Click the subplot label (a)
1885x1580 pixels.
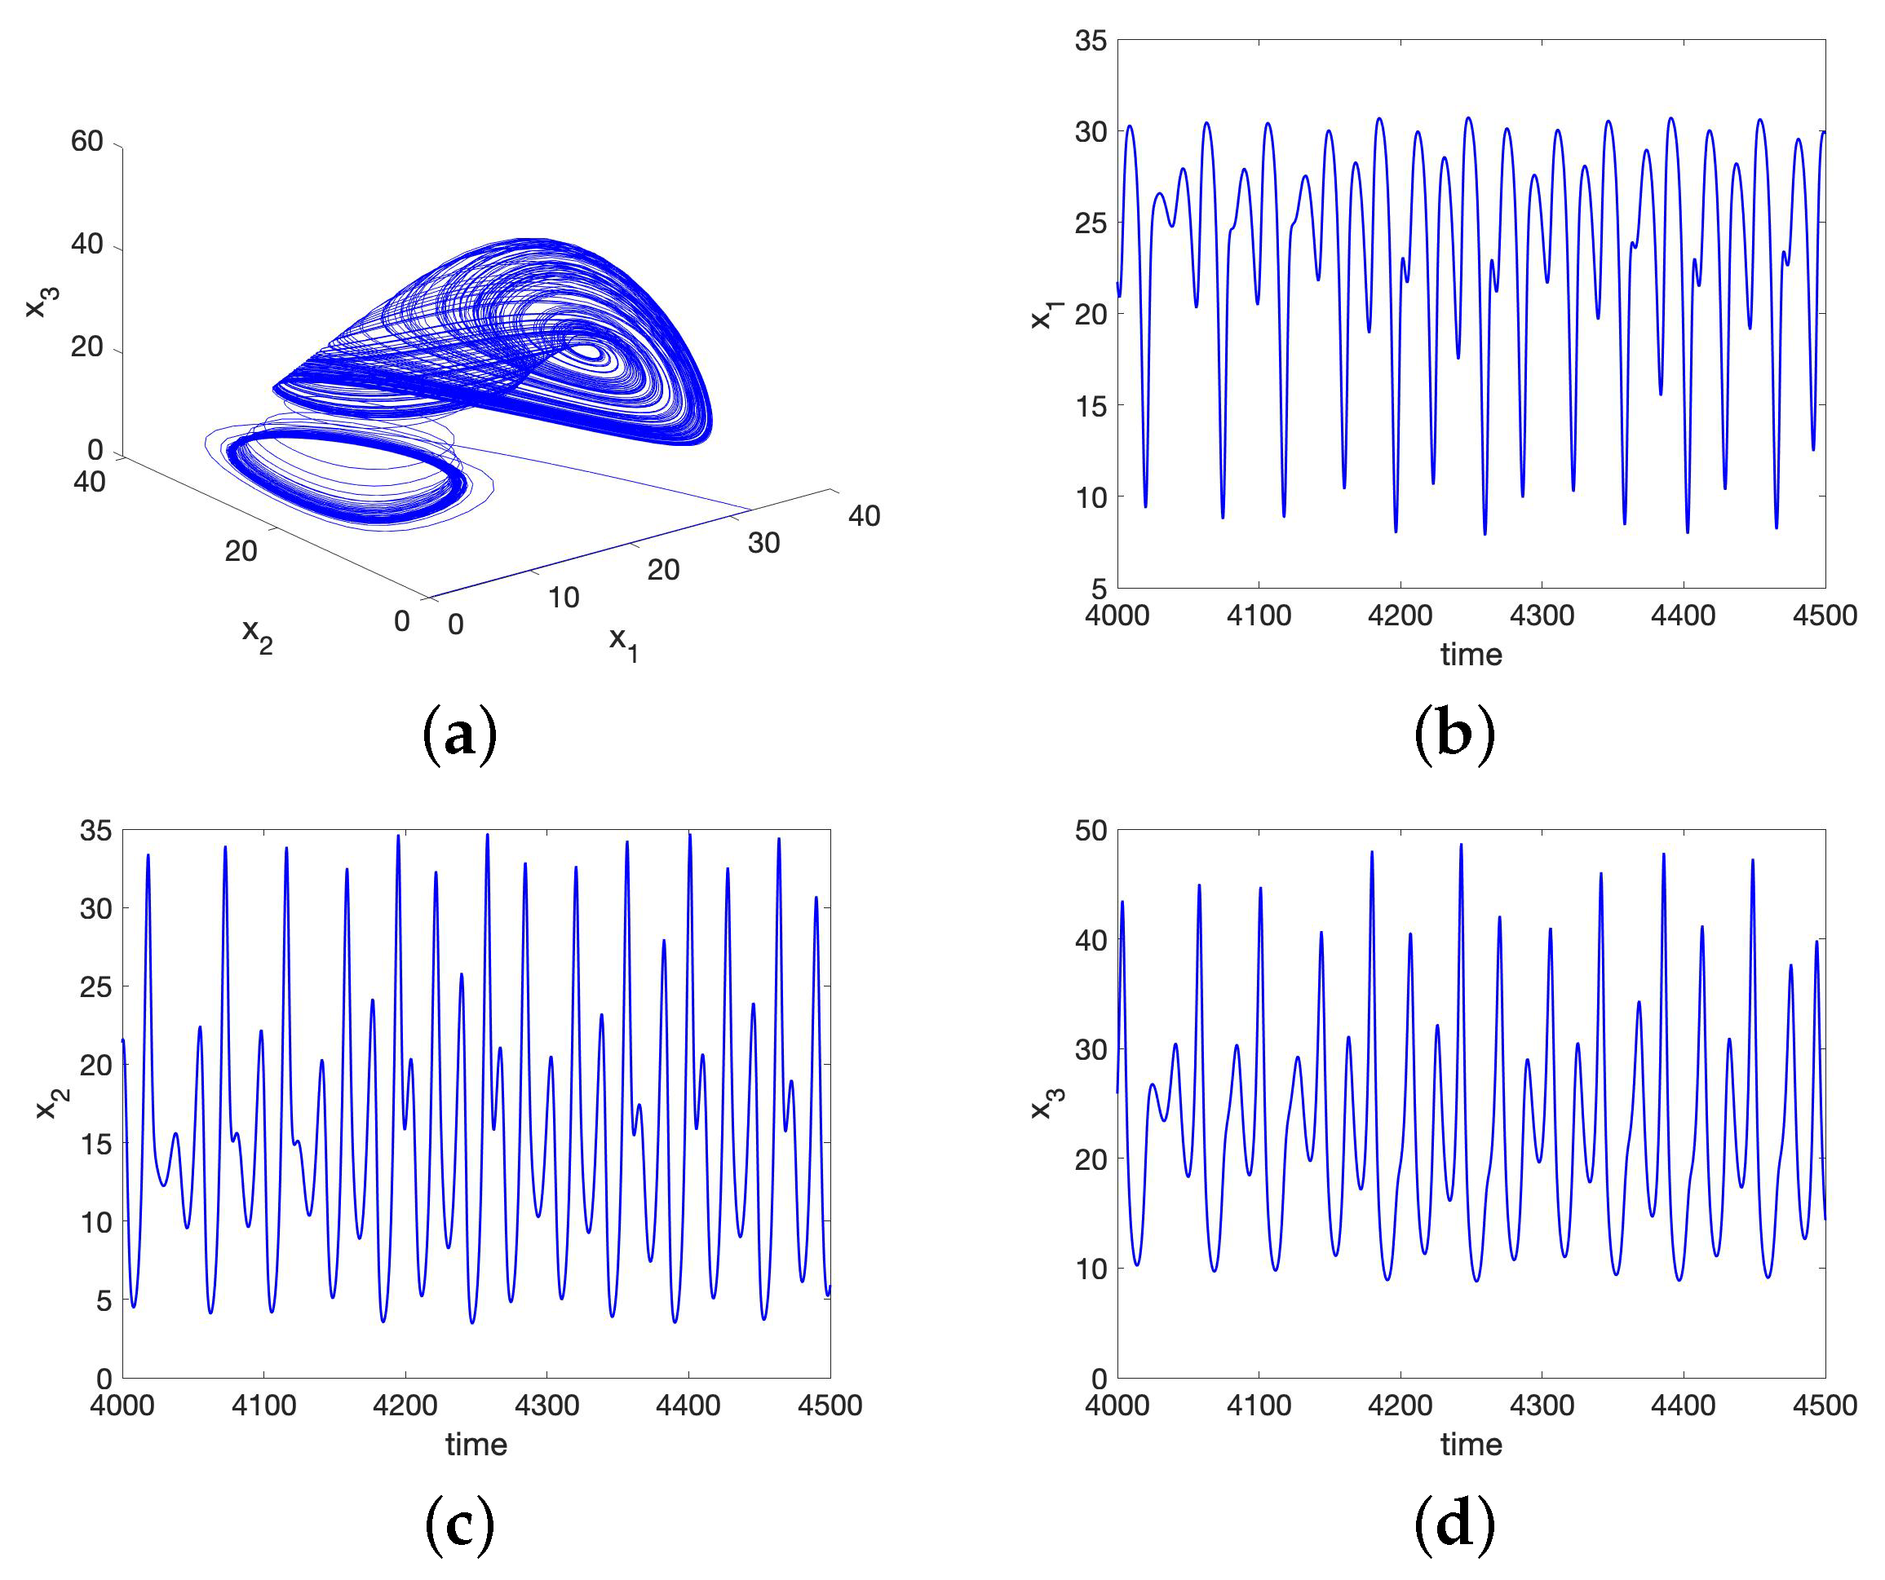[458, 734]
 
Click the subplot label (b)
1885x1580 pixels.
[1454, 734]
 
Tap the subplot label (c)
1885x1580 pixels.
[458, 1525]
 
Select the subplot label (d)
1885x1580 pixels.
[1454, 1525]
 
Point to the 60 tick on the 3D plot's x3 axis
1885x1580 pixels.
[87, 141]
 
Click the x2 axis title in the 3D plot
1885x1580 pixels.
[258, 635]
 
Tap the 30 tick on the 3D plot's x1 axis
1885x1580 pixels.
[764, 542]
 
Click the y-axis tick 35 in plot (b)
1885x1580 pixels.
[1091, 41]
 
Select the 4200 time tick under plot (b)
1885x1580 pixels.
[1400, 616]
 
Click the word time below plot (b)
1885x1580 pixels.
[1471, 654]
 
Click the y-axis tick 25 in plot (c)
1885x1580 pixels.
[96, 987]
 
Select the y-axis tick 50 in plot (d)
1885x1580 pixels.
[1091, 831]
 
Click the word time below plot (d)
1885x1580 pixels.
[1471, 1445]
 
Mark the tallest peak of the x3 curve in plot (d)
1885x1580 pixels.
[1460, 845]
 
